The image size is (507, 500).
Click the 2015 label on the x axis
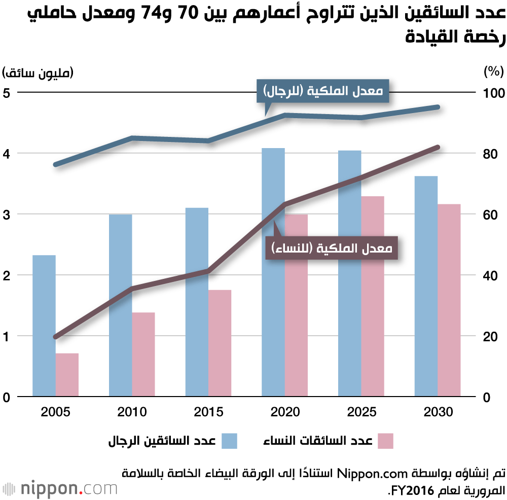(208, 412)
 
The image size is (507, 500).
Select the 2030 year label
(438, 412)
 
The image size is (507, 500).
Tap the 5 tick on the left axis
(7, 93)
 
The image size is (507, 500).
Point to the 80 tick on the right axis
(486, 154)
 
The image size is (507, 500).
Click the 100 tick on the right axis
(489, 93)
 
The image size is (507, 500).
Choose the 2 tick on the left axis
(7, 275)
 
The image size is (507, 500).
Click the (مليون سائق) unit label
(38, 72)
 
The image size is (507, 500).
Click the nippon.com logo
(60, 489)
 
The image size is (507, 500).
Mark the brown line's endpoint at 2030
(438, 147)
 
